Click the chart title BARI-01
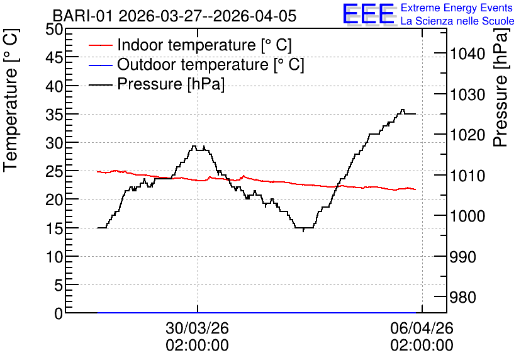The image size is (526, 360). coord(83,16)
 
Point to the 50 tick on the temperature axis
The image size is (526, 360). coord(54,29)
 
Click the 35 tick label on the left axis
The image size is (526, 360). coord(54,115)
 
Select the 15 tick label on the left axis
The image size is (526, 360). coord(54,228)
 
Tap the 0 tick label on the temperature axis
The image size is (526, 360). coord(59,313)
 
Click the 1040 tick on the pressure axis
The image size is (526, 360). coord(467,53)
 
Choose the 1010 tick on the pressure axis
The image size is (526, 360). coord(467,176)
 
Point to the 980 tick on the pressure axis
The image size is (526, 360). coord(463,297)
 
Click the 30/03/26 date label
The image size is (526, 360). coord(198,328)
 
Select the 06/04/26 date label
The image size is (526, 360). coord(422,328)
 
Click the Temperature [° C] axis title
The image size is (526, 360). coord(11,100)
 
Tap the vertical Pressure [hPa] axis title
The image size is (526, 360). coord(500,87)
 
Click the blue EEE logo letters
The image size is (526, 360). coord(369,14)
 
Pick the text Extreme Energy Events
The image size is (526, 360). coord(457,8)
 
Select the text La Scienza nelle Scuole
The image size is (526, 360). coord(457,21)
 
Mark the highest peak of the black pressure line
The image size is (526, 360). coord(403,110)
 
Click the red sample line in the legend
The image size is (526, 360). coord(100,45)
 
